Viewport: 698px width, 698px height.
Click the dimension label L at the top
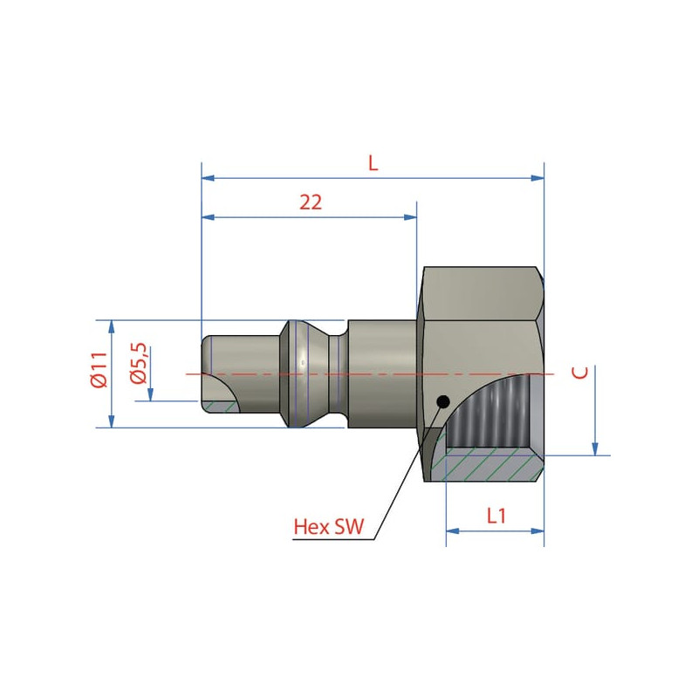373,163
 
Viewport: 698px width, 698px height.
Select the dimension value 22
311,202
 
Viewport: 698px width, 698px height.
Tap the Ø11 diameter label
99,370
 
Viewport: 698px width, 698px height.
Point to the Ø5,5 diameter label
139,363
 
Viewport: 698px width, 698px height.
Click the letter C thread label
580,373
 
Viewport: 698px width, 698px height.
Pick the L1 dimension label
496,516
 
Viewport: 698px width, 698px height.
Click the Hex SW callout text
329,527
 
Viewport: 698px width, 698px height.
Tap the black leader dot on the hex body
443,402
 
